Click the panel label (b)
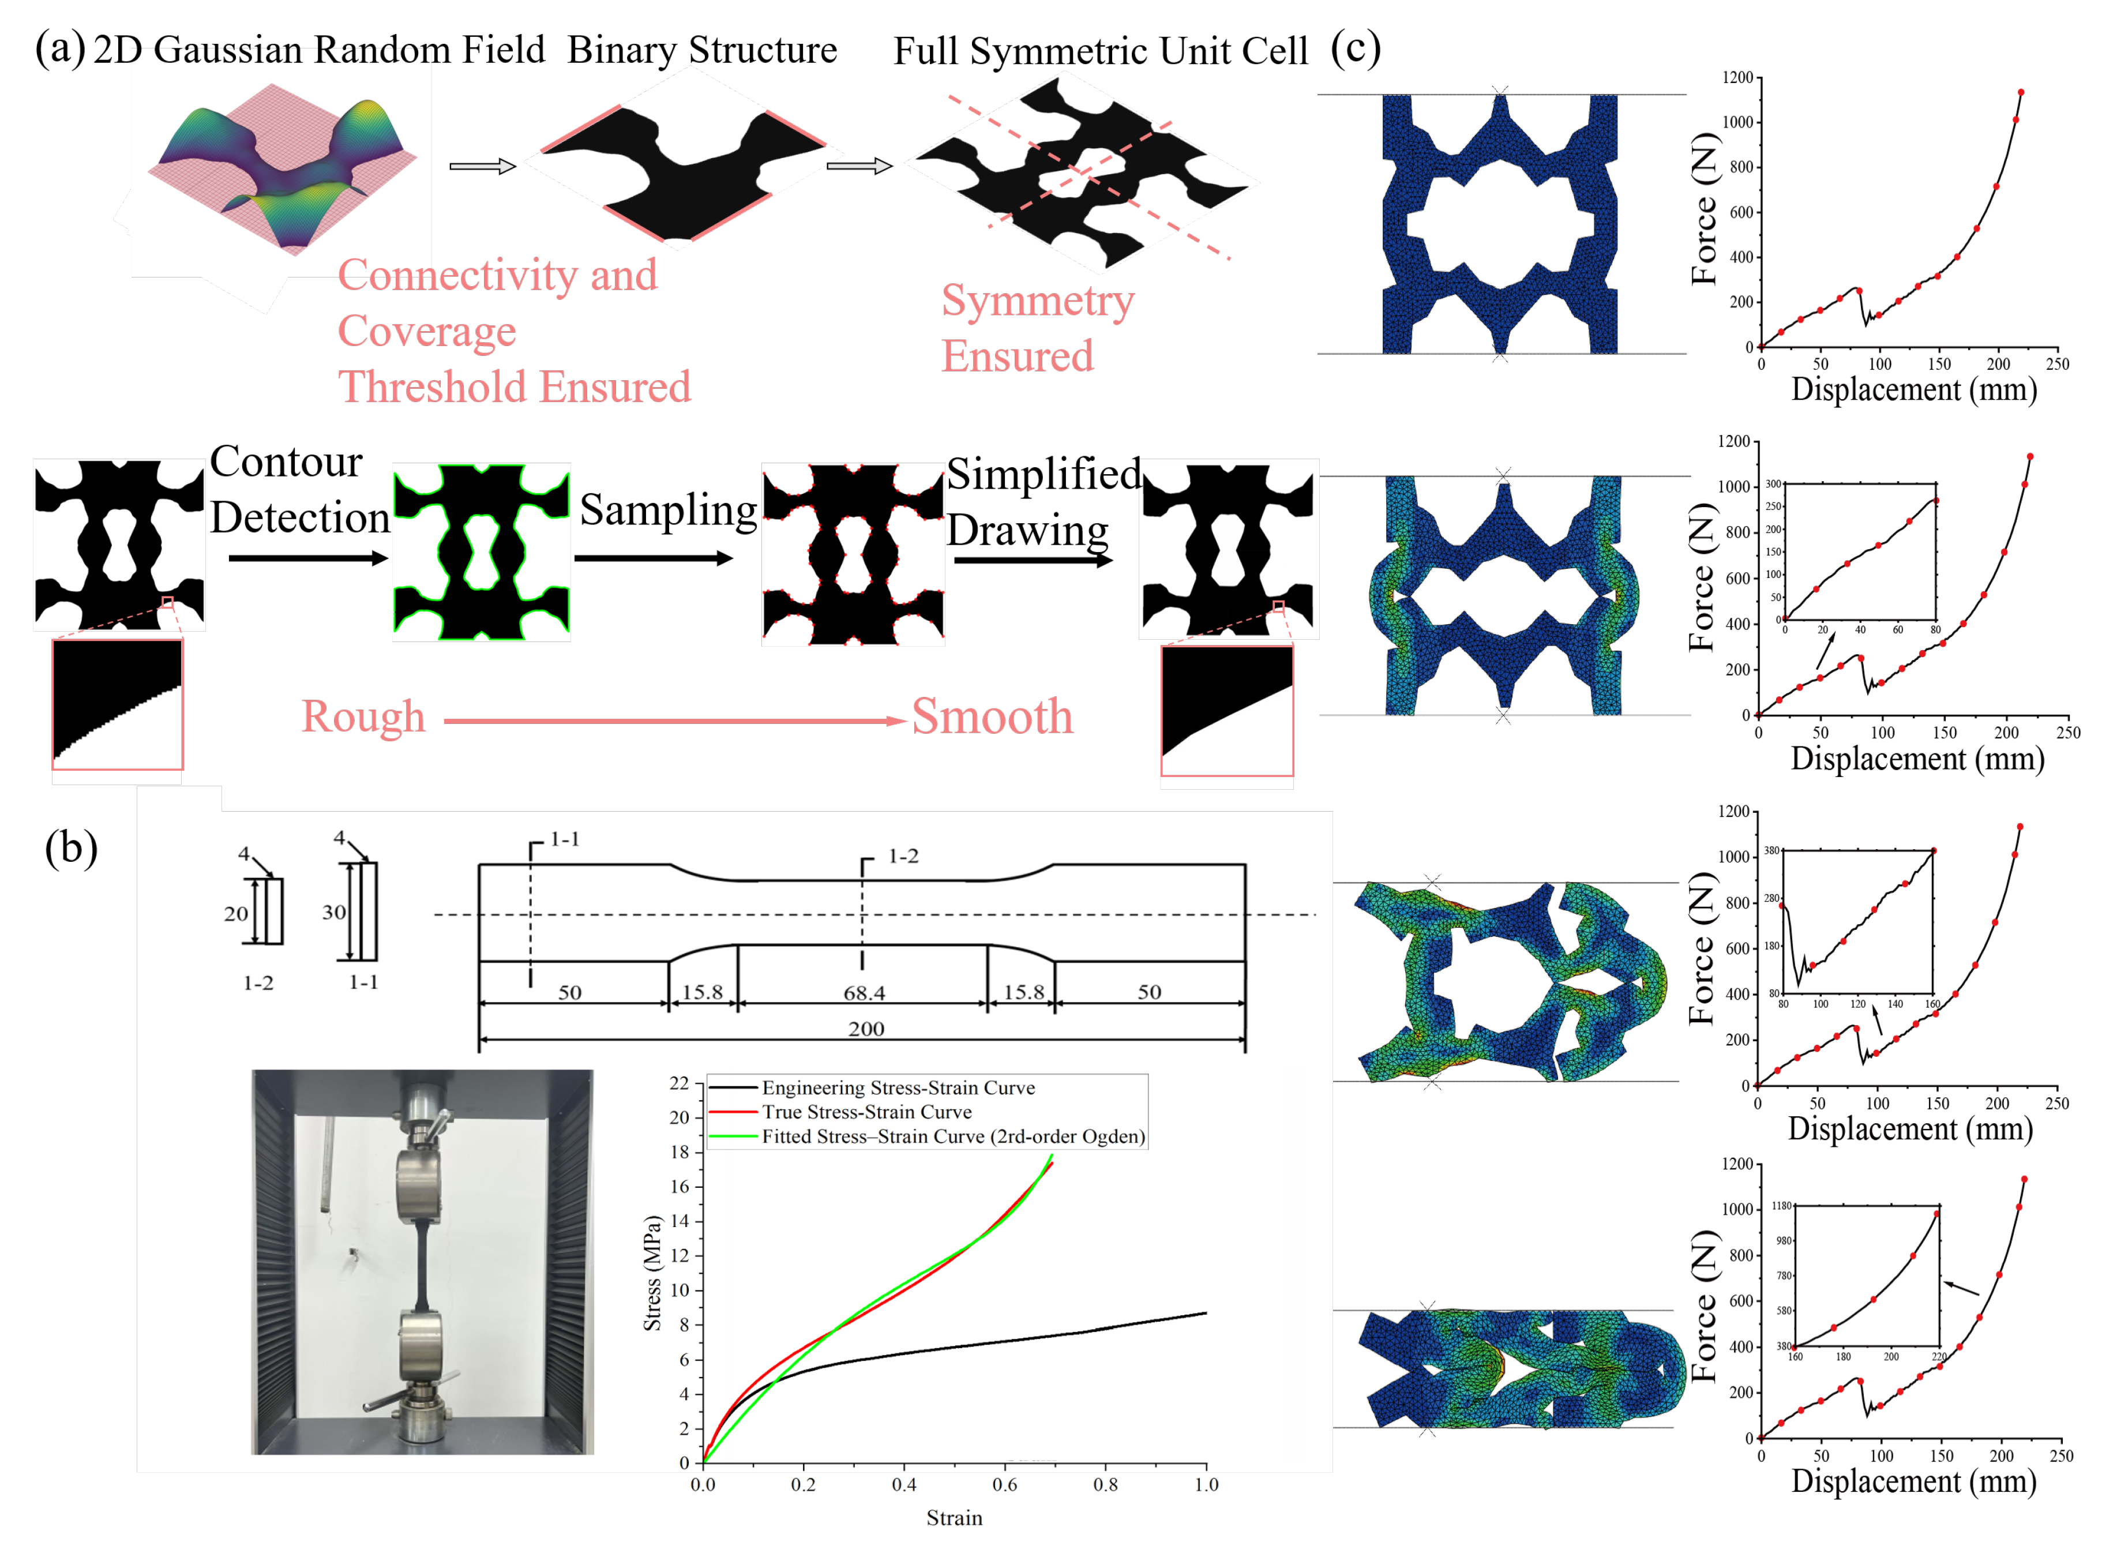[x=71, y=847]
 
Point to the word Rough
[x=363, y=717]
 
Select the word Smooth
[x=992, y=717]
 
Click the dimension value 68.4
[x=864, y=992]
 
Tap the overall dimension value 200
[x=865, y=1029]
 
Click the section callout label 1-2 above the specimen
[x=902, y=856]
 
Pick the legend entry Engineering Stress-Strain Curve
[x=898, y=1087]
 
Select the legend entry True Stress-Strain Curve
[x=866, y=1112]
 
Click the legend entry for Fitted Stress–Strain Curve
[x=952, y=1136]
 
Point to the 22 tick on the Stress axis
[x=678, y=1083]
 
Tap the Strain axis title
[x=954, y=1518]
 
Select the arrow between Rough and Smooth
[x=672, y=721]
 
